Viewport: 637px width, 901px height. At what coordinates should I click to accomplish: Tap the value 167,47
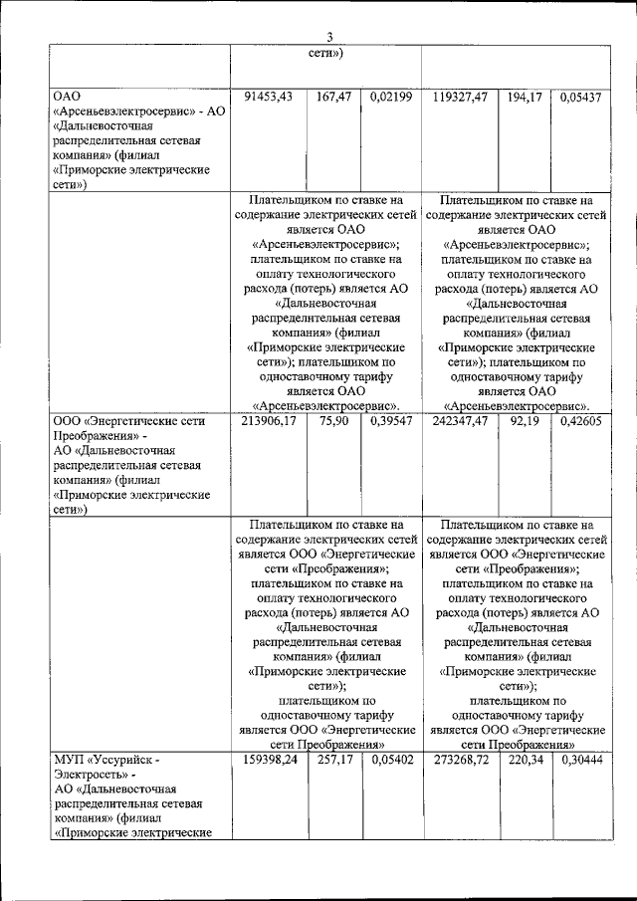click(x=333, y=97)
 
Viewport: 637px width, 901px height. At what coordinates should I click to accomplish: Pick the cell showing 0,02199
click(x=390, y=97)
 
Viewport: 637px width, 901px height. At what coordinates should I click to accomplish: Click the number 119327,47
click(x=461, y=97)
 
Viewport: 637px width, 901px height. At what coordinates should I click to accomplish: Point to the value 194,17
click(x=524, y=97)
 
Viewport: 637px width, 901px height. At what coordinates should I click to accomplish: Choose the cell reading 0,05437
click(x=580, y=97)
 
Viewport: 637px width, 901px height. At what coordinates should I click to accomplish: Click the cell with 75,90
click(x=333, y=421)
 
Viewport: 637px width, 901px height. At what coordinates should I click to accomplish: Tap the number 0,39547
click(x=390, y=421)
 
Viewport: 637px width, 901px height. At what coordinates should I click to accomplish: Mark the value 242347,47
click(x=461, y=421)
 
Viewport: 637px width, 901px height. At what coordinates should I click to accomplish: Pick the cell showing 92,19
click(x=524, y=421)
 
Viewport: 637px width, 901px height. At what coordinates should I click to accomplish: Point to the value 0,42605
click(x=580, y=421)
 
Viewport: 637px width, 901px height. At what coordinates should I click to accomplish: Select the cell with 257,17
click(x=333, y=761)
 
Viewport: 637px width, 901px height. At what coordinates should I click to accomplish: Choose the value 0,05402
click(x=390, y=761)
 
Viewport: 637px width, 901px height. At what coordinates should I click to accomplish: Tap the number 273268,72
click(x=461, y=761)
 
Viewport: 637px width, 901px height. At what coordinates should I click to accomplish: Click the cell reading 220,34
click(x=524, y=761)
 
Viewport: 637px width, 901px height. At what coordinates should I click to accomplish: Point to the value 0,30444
click(x=580, y=761)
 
